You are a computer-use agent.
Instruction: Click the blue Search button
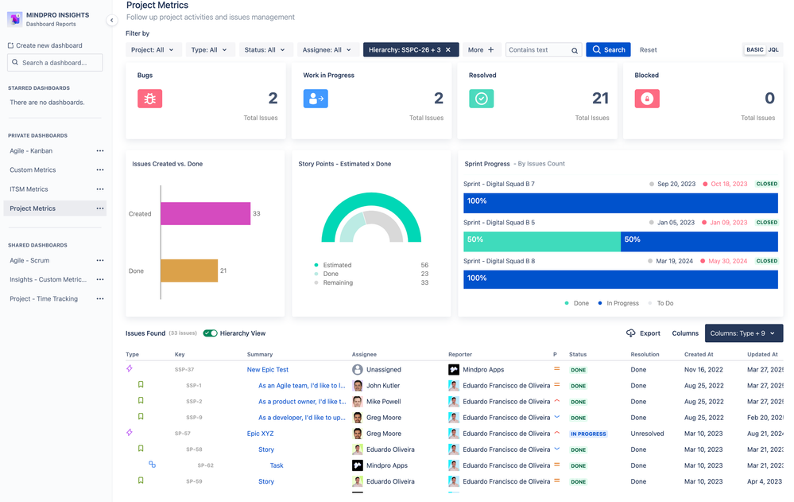(608, 50)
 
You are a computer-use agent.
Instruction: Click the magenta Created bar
(205, 213)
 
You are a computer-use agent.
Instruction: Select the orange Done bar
(189, 270)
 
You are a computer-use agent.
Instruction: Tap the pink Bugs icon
(149, 99)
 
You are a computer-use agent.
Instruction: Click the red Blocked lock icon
(647, 99)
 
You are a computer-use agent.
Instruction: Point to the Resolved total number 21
(600, 99)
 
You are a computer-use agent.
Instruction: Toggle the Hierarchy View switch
(210, 333)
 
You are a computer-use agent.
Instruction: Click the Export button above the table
(643, 333)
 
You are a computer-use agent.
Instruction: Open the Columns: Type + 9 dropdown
(743, 333)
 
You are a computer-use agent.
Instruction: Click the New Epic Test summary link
(268, 370)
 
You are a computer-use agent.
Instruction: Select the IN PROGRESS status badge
(588, 434)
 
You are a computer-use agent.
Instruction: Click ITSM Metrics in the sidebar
(29, 189)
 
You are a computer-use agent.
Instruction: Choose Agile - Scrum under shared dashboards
(29, 260)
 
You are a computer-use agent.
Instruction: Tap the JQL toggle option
(773, 50)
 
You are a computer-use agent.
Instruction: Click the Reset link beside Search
(649, 50)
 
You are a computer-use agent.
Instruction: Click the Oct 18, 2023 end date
(729, 184)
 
